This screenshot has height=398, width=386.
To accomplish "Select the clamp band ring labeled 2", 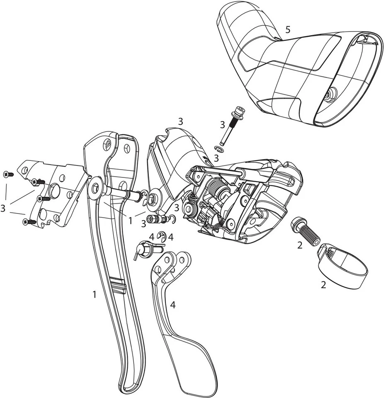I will [x=344, y=269].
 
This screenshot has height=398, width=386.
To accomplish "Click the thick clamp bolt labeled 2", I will [x=307, y=230].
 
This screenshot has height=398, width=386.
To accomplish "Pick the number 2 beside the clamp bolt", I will [x=300, y=245].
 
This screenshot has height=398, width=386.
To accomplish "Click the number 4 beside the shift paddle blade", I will [x=173, y=305].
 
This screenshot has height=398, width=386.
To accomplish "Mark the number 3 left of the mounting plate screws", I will [x=3, y=208].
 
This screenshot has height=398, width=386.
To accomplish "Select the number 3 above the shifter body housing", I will [x=180, y=121].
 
